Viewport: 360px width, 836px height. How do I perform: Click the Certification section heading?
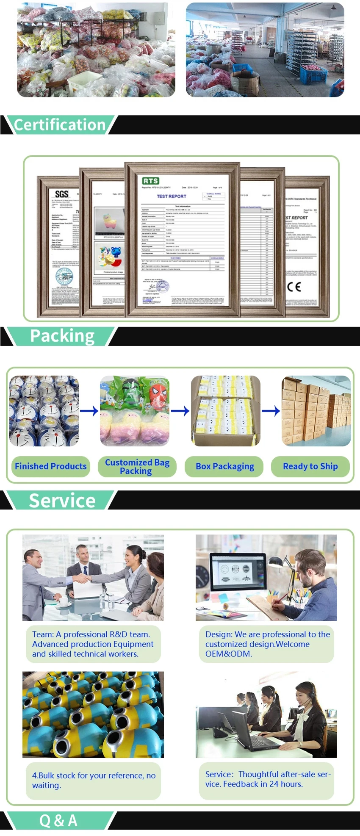60,125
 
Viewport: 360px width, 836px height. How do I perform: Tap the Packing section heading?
62,336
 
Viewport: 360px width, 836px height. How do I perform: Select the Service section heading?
62,501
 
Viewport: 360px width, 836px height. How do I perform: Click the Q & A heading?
58,820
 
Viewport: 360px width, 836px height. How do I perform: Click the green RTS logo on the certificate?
150,181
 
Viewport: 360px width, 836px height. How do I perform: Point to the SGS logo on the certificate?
62,194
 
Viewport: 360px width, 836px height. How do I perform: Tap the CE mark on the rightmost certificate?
294,287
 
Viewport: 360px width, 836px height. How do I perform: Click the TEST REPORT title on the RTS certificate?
171,196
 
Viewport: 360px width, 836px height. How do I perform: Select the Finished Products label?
51,466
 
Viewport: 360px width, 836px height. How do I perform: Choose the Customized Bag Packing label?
137,466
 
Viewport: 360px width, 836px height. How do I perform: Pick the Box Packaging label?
225,466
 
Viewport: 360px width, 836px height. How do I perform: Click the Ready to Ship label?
310,466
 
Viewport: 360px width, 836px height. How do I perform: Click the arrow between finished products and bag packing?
89,410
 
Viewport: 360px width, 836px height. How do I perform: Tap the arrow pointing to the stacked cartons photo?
271,410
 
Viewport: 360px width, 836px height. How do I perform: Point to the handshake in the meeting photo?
82,578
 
